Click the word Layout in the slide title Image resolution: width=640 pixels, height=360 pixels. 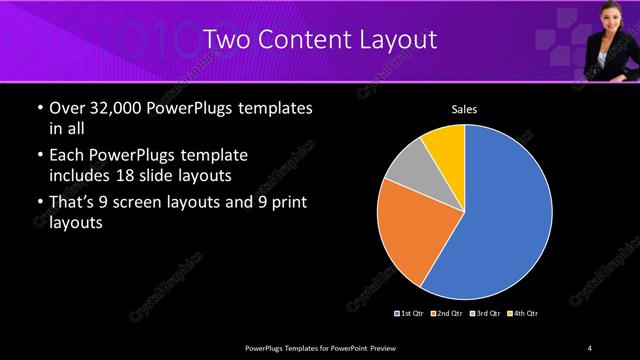point(397,40)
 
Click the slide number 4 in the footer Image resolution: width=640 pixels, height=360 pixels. point(590,347)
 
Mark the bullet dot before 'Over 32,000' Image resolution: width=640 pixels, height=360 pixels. point(39,108)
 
